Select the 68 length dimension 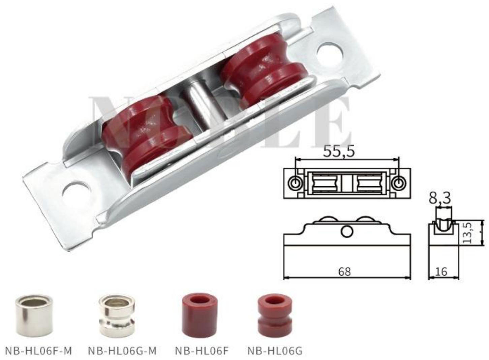coord(344,271)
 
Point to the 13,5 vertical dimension coord(467,232)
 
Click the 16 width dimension coord(441,271)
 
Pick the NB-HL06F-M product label coord(38,351)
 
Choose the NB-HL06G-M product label coord(122,351)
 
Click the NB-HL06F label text coord(202,351)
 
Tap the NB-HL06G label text coord(275,351)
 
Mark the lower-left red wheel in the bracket coord(148,135)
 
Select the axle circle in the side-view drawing coord(347,231)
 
